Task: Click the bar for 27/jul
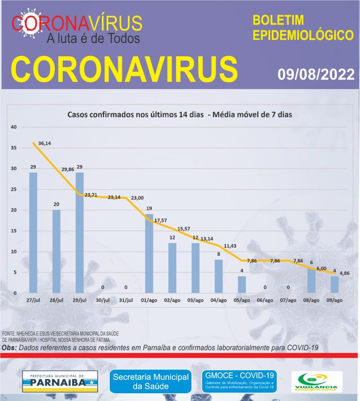pos(33,232)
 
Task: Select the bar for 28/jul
pos(56,251)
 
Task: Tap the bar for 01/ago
pos(149,254)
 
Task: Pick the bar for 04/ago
pos(218,276)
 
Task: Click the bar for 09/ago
pos(334,285)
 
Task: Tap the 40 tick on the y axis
pos(13,127)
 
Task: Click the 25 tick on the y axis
pos(13,189)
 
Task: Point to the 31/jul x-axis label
pos(126,300)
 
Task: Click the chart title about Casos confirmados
pos(180,115)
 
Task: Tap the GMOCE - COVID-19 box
pos(239,380)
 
